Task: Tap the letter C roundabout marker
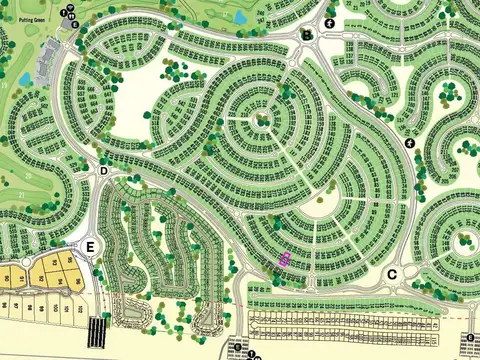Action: point(392,274)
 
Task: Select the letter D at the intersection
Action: point(104,171)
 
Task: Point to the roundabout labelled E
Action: point(91,246)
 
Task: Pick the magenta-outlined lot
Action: point(284,259)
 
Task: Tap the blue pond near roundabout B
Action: point(241,17)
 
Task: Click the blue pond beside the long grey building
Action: point(25,78)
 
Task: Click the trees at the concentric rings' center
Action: point(263,121)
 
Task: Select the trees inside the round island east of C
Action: point(463,242)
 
